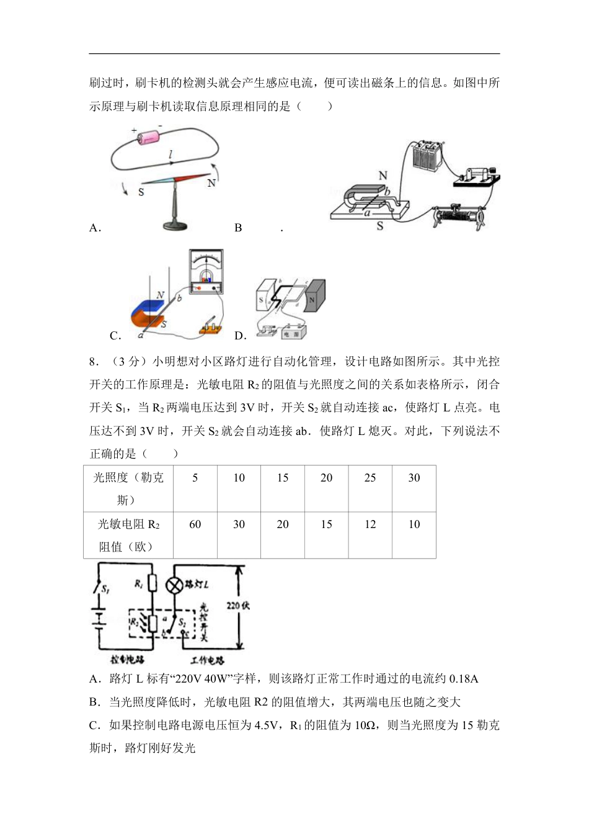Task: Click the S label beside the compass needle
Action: (141, 192)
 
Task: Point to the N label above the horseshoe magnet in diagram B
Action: (383, 176)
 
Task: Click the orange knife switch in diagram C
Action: (210, 327)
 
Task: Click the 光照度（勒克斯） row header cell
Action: (128, 488)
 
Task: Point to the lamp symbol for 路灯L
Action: (175, 585)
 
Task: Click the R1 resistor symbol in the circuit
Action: (153, 583)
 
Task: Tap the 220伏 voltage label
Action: (238, 606)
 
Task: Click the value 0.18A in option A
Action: (464, 679)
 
